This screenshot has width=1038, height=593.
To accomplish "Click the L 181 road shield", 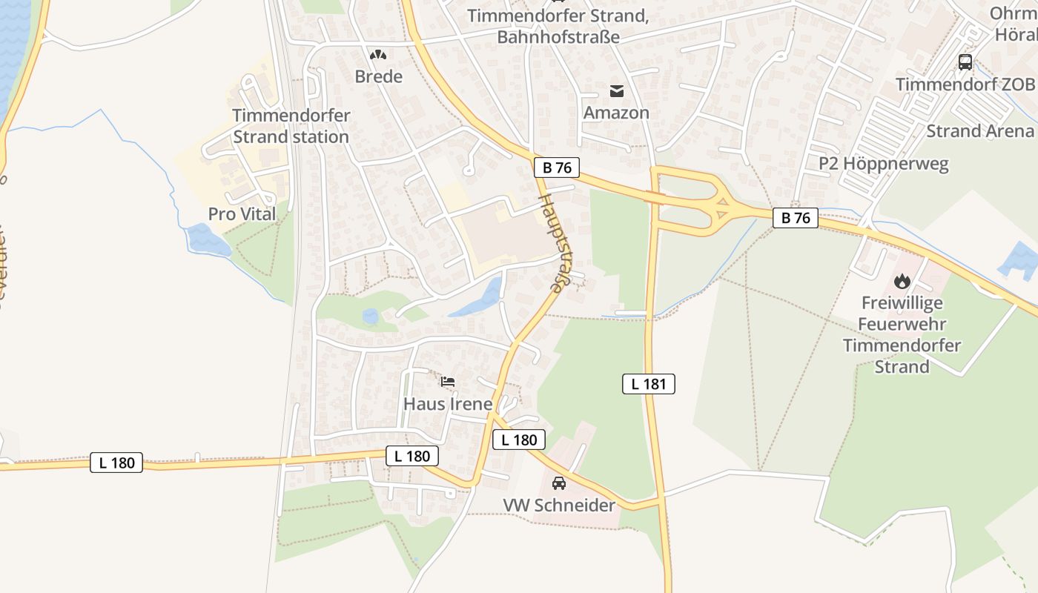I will click(648, 384).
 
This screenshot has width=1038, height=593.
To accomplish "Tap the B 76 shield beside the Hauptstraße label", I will click(557, 168).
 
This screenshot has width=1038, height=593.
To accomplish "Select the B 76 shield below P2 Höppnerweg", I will click(796, 218).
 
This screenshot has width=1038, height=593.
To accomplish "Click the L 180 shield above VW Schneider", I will click(519, 440).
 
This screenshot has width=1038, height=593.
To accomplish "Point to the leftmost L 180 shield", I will click(116, 463).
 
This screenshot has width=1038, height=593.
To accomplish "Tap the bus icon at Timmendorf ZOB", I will click(965, 62).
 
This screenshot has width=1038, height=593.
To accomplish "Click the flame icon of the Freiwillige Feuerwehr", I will click(902, 281).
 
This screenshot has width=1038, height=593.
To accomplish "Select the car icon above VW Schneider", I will click(559, 483).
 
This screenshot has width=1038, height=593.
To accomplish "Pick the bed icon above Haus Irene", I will click(448, 382).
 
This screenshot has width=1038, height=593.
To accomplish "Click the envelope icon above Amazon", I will click(616, 91).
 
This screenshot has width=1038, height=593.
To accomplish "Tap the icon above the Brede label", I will click(378, 55).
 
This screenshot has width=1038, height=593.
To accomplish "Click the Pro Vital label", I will click(242, 214).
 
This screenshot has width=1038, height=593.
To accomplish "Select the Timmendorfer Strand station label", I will click(291, 126).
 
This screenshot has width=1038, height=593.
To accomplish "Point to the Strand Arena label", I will click(979, 131).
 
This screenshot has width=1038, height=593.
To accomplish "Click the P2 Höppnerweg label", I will click(883, 164).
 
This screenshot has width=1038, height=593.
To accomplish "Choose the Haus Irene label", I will click(448, 404).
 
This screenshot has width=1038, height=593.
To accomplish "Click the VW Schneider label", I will click(559, 506).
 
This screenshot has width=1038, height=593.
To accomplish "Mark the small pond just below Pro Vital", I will click(207, 239).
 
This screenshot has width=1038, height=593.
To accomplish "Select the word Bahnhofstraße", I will click(558, 36).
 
